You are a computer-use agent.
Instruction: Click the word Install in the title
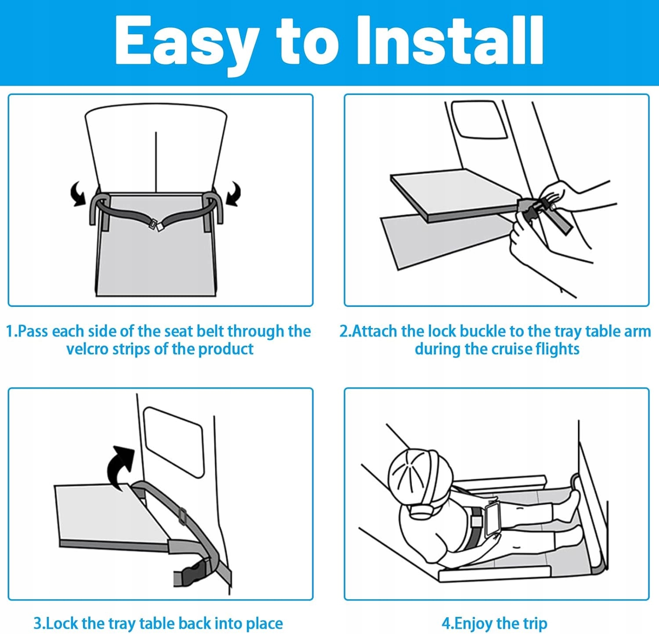click(x=450, y=40)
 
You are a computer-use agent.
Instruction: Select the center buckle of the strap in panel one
click(x=156, y=225)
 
